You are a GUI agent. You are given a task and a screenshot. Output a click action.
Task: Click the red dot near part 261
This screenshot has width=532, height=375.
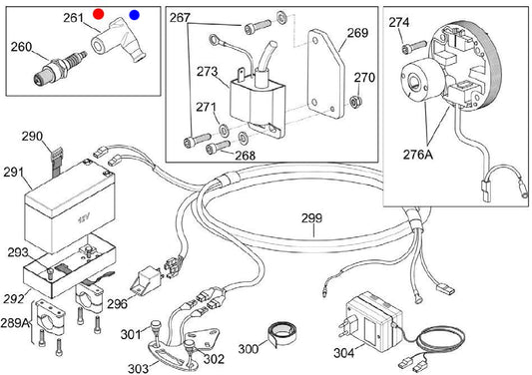click(99, 14)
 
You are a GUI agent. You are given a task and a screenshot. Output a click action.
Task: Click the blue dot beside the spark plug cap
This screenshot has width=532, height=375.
click(135, 15)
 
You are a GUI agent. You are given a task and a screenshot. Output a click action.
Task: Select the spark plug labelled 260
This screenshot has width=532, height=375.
click(60, 67)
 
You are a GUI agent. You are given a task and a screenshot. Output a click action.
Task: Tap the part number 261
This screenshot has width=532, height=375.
click(73, 18)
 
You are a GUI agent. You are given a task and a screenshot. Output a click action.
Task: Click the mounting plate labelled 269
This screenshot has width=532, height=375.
click(325, 74)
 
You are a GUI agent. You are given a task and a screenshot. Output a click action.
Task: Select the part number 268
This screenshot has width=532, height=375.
click(245, 156)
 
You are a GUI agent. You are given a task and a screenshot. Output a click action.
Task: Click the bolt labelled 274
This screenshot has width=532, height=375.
click(413, 47)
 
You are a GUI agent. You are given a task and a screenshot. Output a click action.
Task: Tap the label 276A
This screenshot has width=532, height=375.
click(418, 155)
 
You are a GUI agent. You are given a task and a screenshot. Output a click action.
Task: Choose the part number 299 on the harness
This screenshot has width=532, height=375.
click(311, 218)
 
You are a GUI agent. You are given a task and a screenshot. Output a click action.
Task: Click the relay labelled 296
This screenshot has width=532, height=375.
click(147, 280)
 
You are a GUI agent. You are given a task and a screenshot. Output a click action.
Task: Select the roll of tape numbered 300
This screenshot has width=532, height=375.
click(281, 333)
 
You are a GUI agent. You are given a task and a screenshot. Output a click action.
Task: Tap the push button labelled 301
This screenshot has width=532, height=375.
click(155, 326)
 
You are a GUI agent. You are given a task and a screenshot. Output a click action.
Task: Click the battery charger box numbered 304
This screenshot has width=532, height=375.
click(374, 322)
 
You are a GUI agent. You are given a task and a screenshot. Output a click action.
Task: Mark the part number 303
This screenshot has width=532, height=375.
click(138, 368)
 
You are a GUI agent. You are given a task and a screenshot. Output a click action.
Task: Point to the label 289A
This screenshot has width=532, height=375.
click(15, 323)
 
